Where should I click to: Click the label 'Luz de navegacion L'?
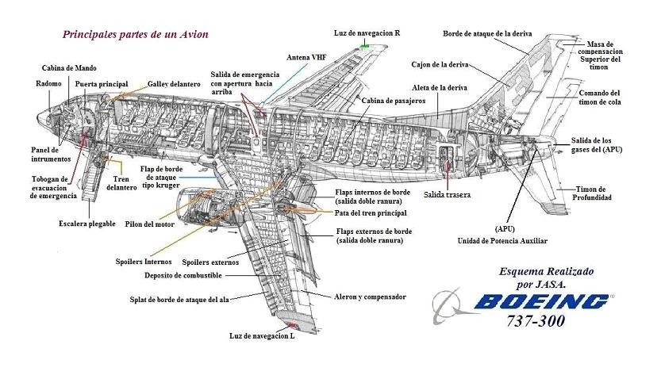point(261,336)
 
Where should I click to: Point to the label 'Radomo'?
point(49,83)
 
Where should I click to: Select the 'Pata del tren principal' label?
point(371,213)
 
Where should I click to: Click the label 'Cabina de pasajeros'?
point(394,101)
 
